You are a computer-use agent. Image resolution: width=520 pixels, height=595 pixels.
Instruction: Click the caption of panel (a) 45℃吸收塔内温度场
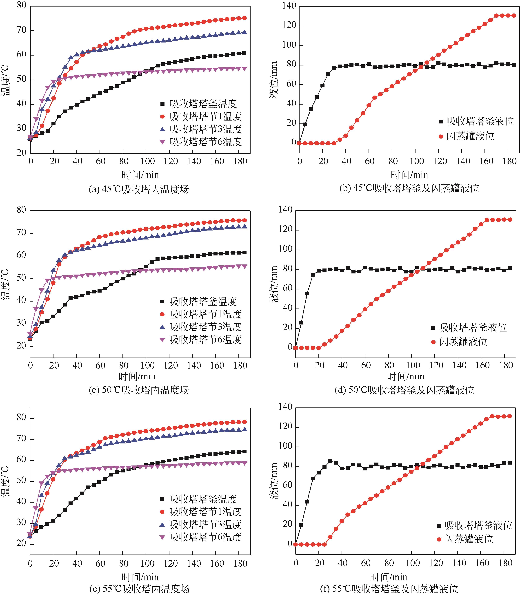click(x=139, y=189)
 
